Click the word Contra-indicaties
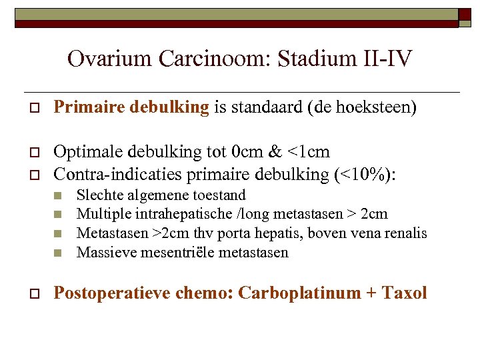click(x=111, y=174)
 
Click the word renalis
click(x=403, y=234)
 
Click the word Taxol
click(x=404, y=293)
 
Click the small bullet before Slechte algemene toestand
click(x=59, y=196)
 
